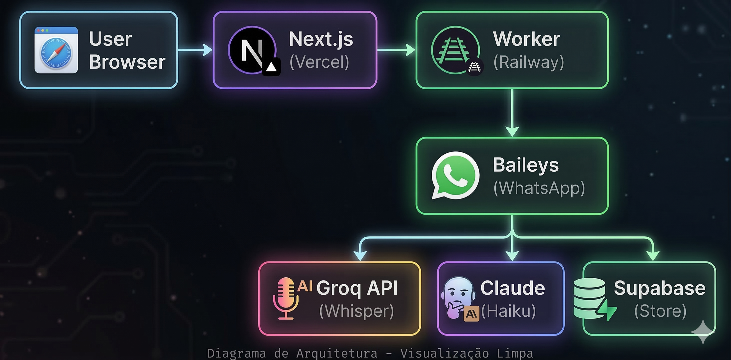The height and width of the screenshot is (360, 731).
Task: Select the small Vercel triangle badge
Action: pos(272,67)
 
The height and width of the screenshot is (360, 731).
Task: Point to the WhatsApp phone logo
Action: pos(455,175)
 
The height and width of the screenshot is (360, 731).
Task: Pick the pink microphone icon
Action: pos(286,298)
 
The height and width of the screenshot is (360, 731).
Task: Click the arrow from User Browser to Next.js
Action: pos(196,50)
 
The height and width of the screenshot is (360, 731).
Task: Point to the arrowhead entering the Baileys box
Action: pos(512,131)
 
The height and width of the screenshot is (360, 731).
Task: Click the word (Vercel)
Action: pos(319,62)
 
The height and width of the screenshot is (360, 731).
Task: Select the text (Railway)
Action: pos(529,62)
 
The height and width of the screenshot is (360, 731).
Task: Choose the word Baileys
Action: pos(526,165)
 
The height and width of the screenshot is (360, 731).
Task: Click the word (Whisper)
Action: pos(357,311)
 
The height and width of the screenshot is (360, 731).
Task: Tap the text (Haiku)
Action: pos(508,311)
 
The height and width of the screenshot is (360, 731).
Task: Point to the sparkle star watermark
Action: pos(703,331)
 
